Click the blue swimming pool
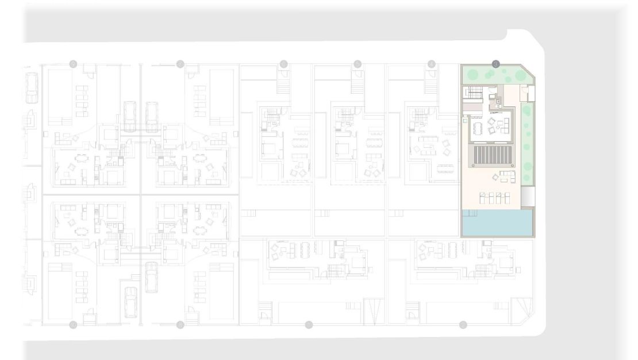(498, 223)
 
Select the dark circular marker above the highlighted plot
(496, 64)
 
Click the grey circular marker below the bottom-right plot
(463, 325)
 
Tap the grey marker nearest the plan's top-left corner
(73, 64)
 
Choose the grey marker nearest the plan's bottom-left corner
(73, 325)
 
